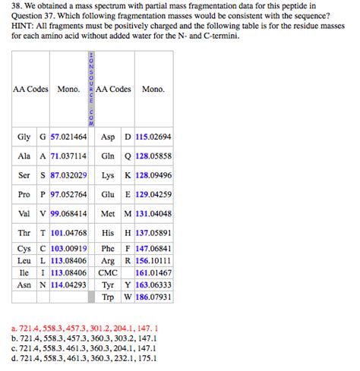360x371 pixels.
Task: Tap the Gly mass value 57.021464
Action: pos(68,137)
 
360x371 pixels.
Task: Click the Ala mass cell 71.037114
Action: pos(68,156)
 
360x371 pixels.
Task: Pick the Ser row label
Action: pos(24,175)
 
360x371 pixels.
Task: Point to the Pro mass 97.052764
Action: pos(68,194)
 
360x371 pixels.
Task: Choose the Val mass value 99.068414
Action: pos(68,214)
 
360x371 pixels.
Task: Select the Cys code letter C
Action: pos(43,248)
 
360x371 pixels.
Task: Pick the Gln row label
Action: pos(107,156)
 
